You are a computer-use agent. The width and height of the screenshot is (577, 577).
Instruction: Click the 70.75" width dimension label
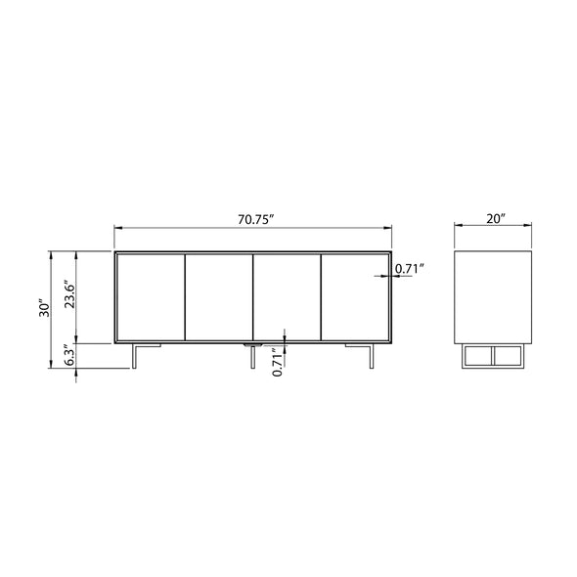pyautogui.click(x=256, y=219)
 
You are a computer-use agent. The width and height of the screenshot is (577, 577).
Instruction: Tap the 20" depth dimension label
pyautogui.click(x=495, y=219)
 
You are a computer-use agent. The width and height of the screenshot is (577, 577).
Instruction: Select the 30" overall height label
pyautogui.click(x=45, y=309)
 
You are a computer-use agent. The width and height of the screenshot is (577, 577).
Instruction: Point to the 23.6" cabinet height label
pyautogui.click(x=69, y=295)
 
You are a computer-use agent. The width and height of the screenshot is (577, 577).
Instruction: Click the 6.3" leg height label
pyautogui.click(x=69, y=355)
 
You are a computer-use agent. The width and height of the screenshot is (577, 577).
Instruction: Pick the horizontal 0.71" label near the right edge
pyautogui.click(x=410, y=269)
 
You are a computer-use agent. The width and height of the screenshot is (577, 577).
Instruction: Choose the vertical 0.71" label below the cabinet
pyautogui.click(x=278, y=362)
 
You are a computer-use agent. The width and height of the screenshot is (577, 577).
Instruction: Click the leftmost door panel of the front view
pyautogui.click(x=151, y=297)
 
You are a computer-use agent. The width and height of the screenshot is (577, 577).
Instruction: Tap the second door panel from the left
pyautogui.click(x=219, y=297)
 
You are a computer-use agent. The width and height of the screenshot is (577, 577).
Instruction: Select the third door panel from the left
pyautogui.click(x=287, y=297)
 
